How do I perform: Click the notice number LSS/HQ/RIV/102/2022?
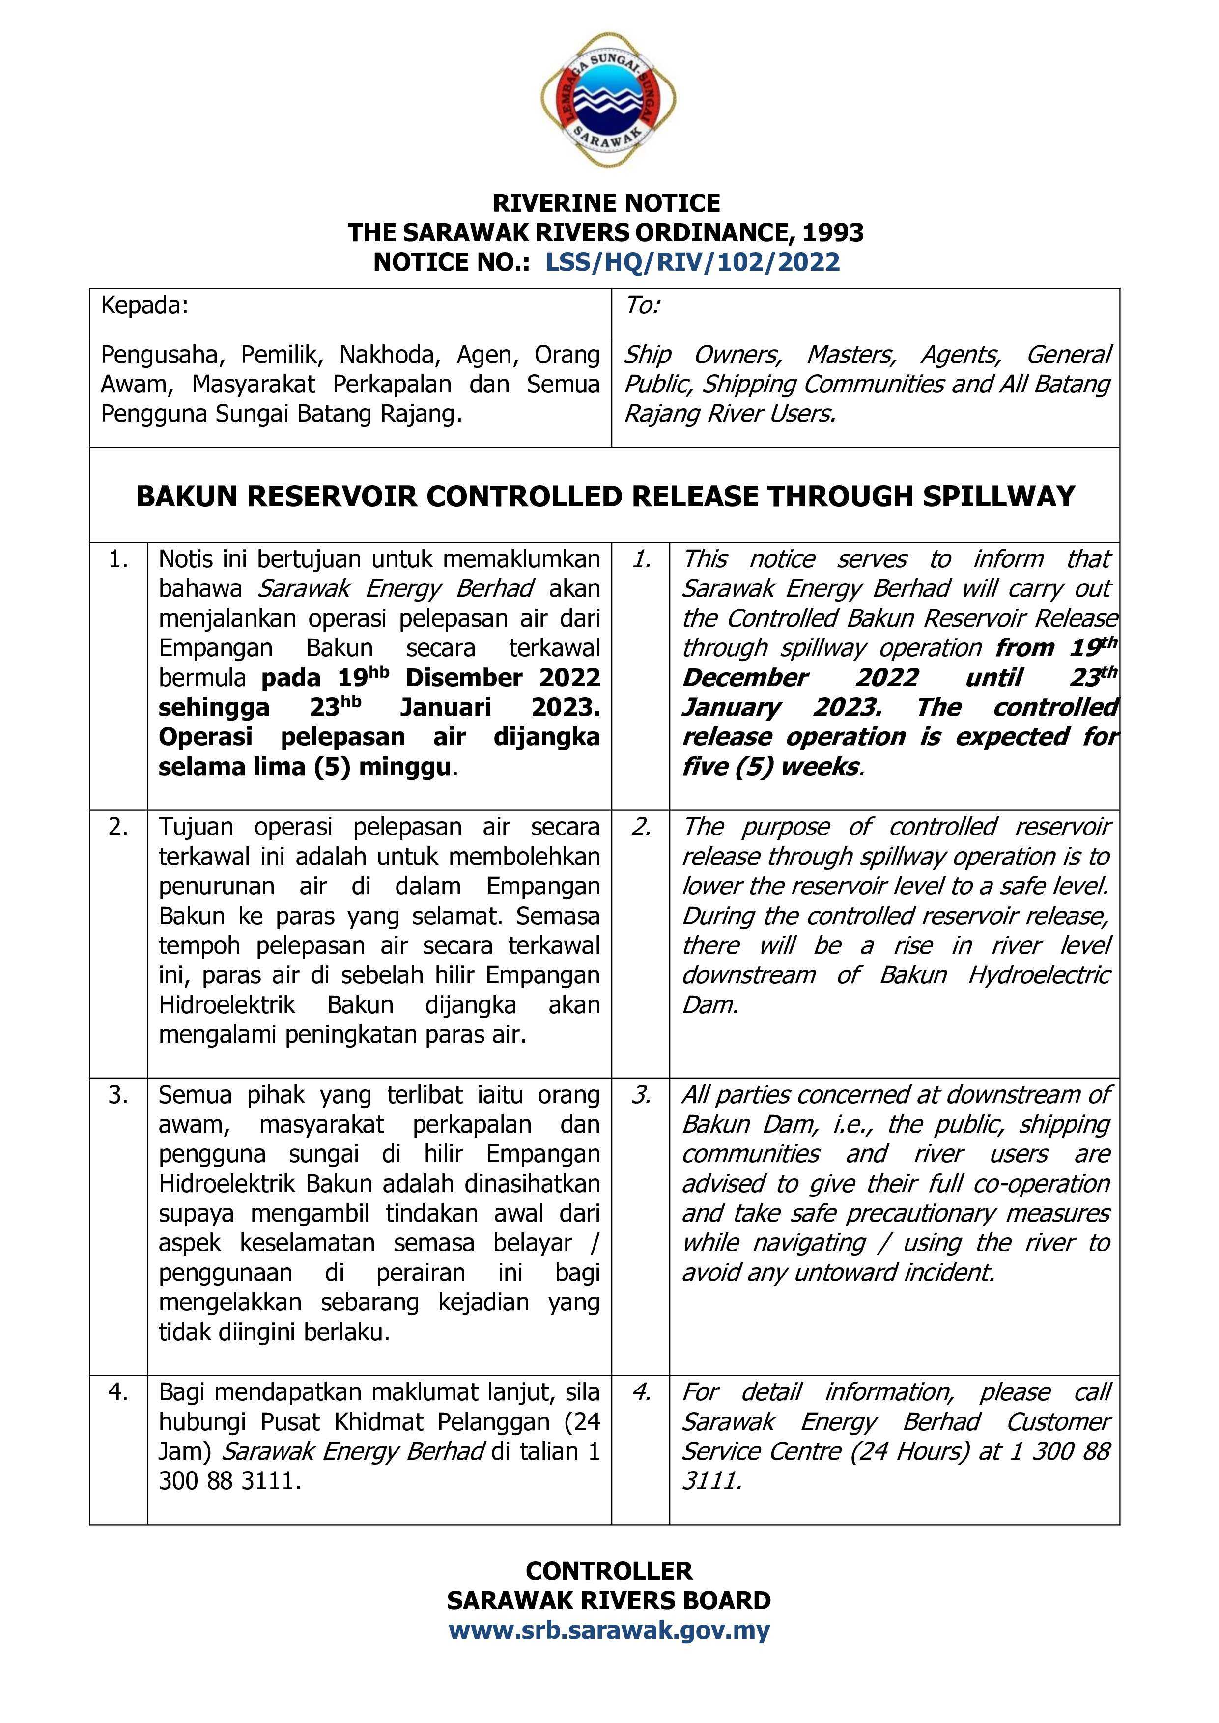(x=692, y=262)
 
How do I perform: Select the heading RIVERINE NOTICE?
(x=606, y=203)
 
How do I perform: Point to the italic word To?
(x=642, y=306)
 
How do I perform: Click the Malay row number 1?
(x=118, y=559)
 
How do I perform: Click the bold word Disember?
(x=463, y=678)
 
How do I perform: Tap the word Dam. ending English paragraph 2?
(x=710, y=1005)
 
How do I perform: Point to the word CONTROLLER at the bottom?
(x=609, y=1571)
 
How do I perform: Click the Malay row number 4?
(x=118, y=1392)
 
